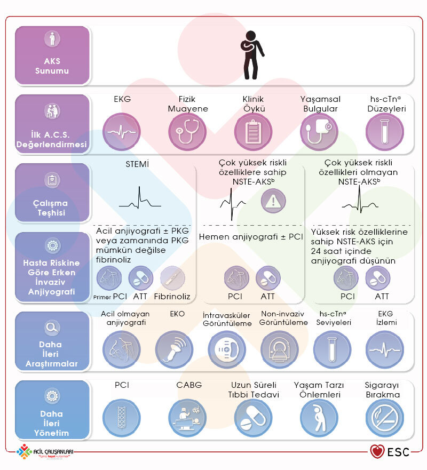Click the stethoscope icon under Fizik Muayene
(187, 132)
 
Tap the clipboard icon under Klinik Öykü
(254, 132)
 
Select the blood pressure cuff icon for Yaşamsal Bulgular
(319, 132)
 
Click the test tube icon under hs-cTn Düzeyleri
(385, 132)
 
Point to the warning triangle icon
(273, 201)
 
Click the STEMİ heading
(137, 164)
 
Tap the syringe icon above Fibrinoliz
(172, 278)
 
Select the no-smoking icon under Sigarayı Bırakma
(385, 418)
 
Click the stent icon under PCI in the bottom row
(122, 418)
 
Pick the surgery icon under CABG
(187, 418)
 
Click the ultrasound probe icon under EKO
(174, 349)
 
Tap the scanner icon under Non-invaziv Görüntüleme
(280, 349)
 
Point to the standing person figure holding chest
(252, 55)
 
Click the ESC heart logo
(377, 451)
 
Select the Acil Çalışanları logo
(45, 451)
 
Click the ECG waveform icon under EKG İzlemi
(385, 349)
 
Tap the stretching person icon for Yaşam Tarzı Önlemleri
(319, 418)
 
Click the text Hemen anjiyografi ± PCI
(251, 237)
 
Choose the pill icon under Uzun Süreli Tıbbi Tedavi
(254, 418)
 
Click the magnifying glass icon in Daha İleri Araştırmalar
(52, 328)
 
